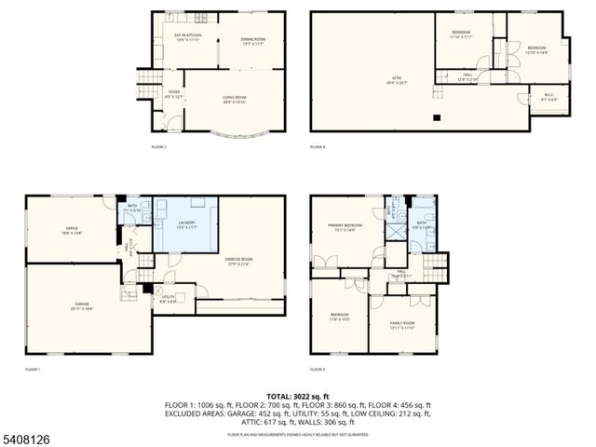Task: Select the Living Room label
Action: pyautogui.click(x=234, y=100)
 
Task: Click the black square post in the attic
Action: pyautogui.click(x=436, y=117)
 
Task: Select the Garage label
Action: pyautogui.click(x=83, y=306)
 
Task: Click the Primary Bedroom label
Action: pyautogui.click(x=345, y=227)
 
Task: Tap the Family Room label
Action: pyautogui.click(x=402, y=326)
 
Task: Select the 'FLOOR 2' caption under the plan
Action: pyautogui.click(x=159, y=147)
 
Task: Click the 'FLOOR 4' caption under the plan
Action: pyautogui.click(x=318, y=147)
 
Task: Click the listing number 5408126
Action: pyautogui.click(x=28, y=436)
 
